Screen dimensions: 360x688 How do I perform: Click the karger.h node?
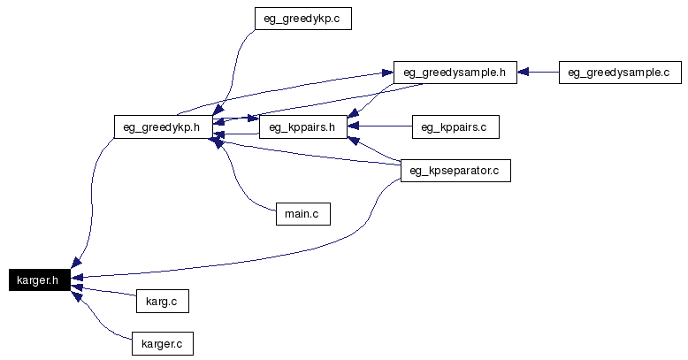(37, 280)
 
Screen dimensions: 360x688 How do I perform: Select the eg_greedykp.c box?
(302, 19)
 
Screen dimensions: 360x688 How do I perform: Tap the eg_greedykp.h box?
(162, 126)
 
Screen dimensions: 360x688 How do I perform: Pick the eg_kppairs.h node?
(302, 126)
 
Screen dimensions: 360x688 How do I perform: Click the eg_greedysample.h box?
(455, 73)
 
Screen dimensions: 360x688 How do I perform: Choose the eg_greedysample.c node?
(618, 73)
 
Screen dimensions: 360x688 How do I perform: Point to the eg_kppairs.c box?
(455, 126)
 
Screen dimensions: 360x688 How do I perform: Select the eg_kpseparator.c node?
(455, 170)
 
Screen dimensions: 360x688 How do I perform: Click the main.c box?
(302, 213)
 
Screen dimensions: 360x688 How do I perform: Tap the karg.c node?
(162, 302)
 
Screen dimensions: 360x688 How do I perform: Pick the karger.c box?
(162, 343)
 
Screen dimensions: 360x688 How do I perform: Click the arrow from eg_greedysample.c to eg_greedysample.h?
(538, 73)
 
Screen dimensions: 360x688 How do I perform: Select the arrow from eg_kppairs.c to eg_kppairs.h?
(380, 126)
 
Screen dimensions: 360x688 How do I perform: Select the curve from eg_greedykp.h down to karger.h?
(91, 195)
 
